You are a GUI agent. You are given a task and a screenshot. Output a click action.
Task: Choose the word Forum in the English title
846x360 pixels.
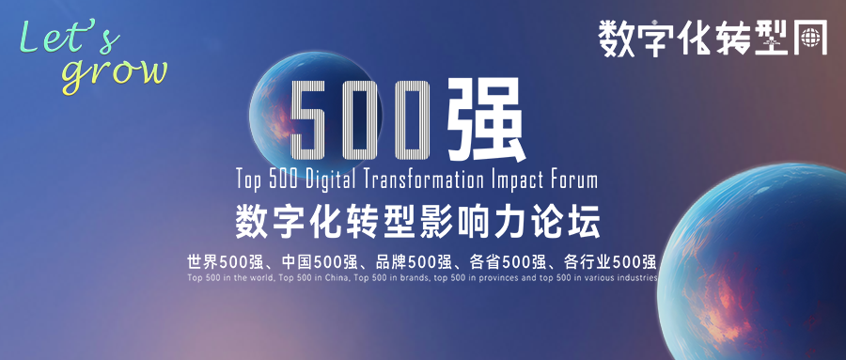pyautogui.click(x=578, y=180)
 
